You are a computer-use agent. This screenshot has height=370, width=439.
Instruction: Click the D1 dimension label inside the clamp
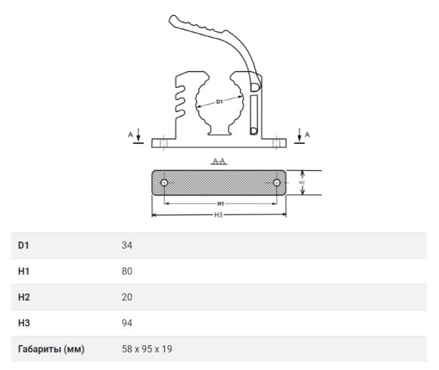pyautogui.click(x=219, y=101)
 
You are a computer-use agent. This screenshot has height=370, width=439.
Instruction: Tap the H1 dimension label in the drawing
pyautogui.click(x=220, y=204)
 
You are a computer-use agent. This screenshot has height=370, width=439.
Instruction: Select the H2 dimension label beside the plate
pyautogui.click(x=302, y=182)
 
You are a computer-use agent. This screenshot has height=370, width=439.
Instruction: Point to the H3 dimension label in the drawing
pyautogui.click(x=219, y=215)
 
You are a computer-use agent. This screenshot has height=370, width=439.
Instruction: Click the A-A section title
pyautogui.click(x=219, y=161)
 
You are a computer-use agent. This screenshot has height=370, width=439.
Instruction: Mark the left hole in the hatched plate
pyautogui.click(x=164, y=183)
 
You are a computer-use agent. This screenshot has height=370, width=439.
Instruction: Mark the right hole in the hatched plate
pyautogui.click(x=276, y=183)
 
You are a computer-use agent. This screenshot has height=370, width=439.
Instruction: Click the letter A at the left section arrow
pyautogui.click(x=130, y=135)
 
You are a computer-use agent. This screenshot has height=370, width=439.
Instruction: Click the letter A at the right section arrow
pyautogui.click(x=307, y=135)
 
